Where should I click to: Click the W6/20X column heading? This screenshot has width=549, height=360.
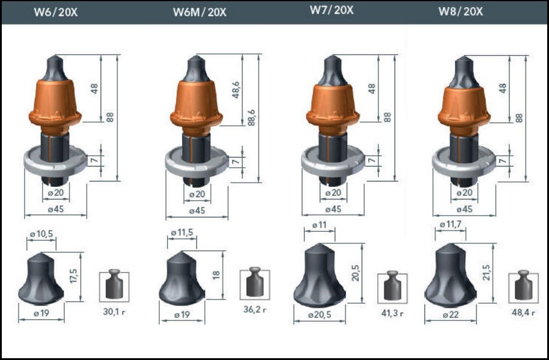tap(56, 12)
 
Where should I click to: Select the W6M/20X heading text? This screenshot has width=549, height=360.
tap(199, 12)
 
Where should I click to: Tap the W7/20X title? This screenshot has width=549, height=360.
tap(332, 10)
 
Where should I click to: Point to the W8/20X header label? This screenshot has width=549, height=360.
tap(460, 11)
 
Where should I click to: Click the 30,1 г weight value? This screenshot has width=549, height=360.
tap(114, 311)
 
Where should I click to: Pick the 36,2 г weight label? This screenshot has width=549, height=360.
tap(254, 310)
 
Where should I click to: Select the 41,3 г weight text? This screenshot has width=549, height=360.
tap(392, 313)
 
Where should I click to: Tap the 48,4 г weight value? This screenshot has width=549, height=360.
tap(523, 312)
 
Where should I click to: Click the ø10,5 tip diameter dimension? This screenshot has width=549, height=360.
tap(41, 234)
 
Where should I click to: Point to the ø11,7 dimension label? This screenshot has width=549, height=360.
tap(450, 225)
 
